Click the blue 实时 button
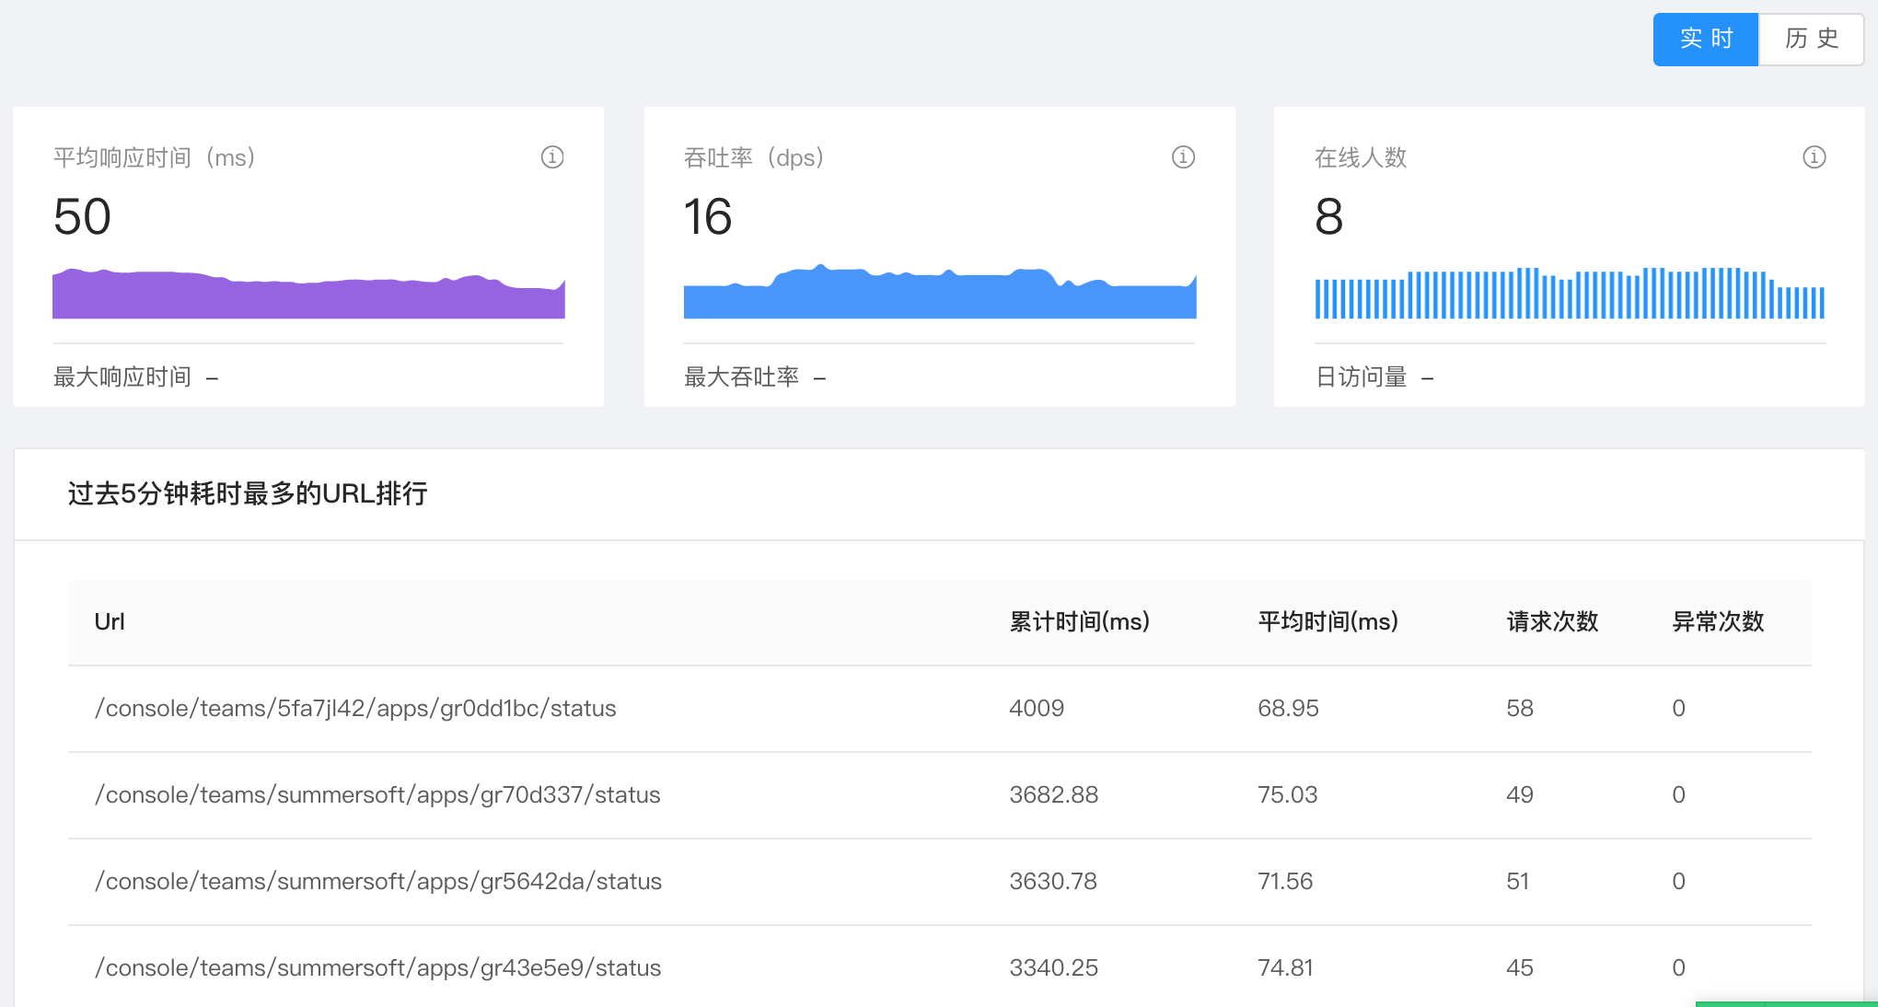coord(1705,39)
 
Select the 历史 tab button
coord(1811,39)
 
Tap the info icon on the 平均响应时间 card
coord(552,157)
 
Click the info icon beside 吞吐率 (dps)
coord(1183,157)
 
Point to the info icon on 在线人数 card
coord(1814,157)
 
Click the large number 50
coord(82,217)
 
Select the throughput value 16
coord(707,217)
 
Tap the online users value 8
coord(1328,217)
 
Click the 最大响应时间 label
coord(122,377)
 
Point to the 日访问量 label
coord(1361,377)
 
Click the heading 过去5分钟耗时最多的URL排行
coord(248,494)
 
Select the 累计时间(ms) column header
coord(1079,622)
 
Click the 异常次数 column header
coord(1718,622)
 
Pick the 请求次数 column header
coord(1552,622)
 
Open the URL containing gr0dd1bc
coord(355,709)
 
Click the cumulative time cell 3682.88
coord(1053,795)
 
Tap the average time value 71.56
coord(1285,882)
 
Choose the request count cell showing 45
coord(1519,968)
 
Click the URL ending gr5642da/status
coord(377,882)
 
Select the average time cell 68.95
coord(1288,709)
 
